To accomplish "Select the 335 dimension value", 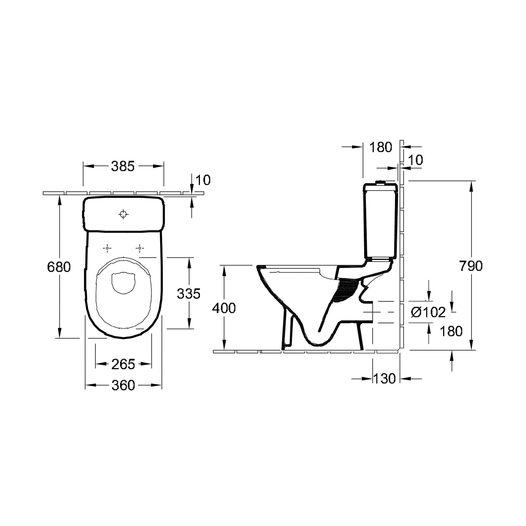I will pos(188,294).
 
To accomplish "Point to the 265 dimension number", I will pos(123,364).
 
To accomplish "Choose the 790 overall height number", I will pos(471,266).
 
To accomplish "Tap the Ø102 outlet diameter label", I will pos(428,312).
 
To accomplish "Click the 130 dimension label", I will pos(384,379).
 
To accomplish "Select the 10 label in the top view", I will pos(203,180).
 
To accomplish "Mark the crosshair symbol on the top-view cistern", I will pos(123,214).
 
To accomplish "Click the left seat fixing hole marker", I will pos(107,248).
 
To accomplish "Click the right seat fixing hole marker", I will pos(140,248).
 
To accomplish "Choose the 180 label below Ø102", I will pos(451,331).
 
